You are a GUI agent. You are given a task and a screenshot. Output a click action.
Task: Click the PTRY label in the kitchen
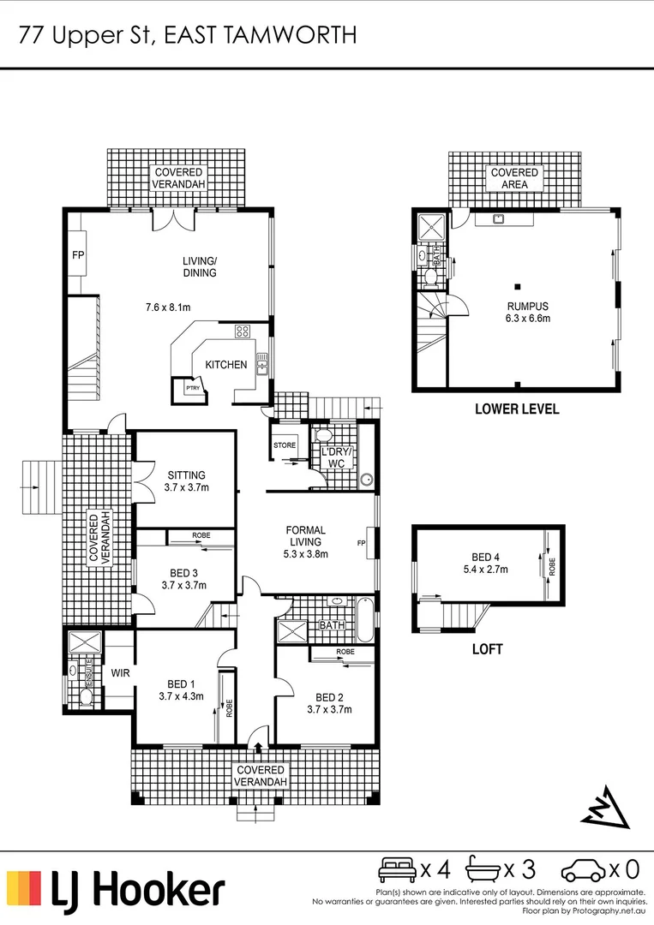[192, 387]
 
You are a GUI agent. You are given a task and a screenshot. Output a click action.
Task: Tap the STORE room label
[285, 445]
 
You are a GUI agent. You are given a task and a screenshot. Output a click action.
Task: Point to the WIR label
[120, 672]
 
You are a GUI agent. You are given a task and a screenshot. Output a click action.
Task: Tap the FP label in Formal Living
[362, 543]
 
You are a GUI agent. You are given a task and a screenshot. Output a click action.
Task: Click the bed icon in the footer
[398, 870]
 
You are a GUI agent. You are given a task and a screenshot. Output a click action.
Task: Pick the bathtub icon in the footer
[483, 870]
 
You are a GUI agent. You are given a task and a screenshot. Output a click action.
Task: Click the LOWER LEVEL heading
[517, 409]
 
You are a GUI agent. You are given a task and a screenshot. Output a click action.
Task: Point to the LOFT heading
[486, 649]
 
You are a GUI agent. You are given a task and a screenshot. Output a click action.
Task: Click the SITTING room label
[186, 475]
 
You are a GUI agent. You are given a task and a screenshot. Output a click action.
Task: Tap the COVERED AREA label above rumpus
[514, 178]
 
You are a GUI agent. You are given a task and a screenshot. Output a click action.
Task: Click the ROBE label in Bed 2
[345, 652]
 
